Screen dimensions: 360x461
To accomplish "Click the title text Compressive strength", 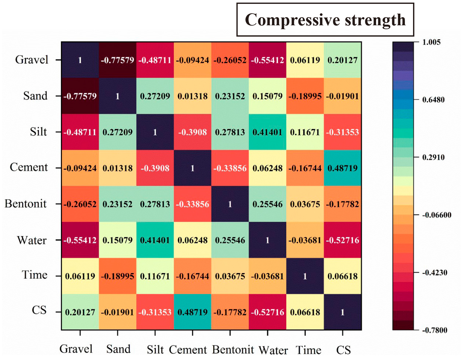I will (x=325, y=20).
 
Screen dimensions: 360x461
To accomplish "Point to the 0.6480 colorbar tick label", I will (x=433, y=100).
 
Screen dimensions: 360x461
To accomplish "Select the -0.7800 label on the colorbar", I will (x=434, y=330).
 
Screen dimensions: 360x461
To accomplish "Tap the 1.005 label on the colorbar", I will (x=431, y=42).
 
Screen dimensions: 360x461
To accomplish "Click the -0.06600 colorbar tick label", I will (x=436, y=215).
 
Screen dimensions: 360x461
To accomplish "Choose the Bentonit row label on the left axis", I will (x=26, y=204).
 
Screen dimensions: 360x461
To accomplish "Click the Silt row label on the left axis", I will (x=38, y=132).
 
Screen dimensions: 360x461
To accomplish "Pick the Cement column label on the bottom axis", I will (x=188, y=350).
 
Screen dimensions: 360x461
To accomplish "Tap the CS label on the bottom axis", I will (x=343, y=350).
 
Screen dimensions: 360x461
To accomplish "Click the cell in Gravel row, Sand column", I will (x=117, y=60).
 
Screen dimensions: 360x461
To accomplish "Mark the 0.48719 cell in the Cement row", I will (x=343, y=168).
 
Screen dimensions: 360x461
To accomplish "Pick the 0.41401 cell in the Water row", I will (x=155, y=240).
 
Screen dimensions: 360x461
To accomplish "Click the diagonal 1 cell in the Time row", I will (x=305, y=276).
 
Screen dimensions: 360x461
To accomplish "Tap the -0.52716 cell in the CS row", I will (x=267, y=312).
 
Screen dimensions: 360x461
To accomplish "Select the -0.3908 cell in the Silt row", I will (x=193, y=132).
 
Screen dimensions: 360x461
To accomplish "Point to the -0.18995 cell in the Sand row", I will (x=305, y=96).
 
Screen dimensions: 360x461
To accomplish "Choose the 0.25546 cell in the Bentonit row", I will (x=267, y=204).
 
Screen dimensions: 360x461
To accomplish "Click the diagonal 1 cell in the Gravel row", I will (x=80, y=60).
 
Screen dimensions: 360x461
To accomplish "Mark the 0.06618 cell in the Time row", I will (x=343, y=276).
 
